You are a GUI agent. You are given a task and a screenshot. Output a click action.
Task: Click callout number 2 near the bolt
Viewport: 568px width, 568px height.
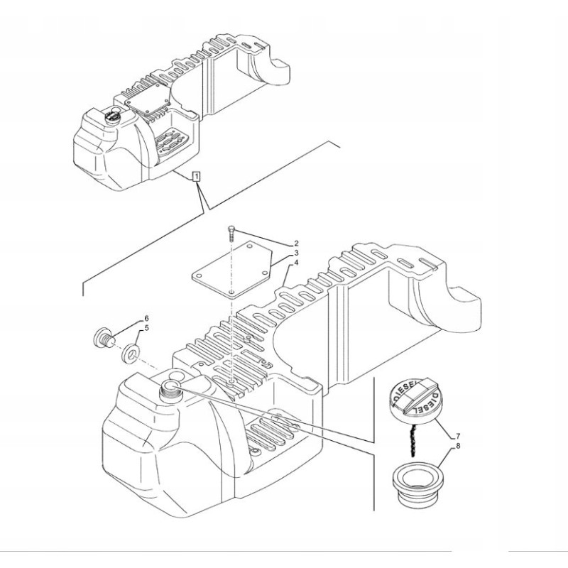click(296, 244)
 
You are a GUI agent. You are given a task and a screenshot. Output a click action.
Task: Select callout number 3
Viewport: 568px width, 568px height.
click(296, 253)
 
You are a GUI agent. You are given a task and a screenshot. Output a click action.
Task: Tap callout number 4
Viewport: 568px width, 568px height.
click(296, 262)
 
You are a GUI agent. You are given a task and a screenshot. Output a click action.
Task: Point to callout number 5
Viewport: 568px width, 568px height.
click(146, 328)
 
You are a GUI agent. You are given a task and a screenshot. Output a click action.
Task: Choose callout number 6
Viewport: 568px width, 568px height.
click(146, 318)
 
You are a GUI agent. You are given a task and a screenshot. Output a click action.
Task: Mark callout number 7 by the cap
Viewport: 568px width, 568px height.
click(457, 434)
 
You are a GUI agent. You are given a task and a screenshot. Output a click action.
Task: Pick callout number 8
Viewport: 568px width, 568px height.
click(457, 446)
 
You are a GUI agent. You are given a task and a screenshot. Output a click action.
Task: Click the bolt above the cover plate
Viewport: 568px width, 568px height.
click(232, 231)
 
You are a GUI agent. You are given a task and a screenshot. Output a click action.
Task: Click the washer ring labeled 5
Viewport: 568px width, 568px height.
click(131, 351)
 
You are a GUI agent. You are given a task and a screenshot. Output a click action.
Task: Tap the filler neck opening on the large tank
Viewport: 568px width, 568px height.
click(173, 387)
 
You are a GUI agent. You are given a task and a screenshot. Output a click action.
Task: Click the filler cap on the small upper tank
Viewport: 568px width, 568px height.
click(111, 115)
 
